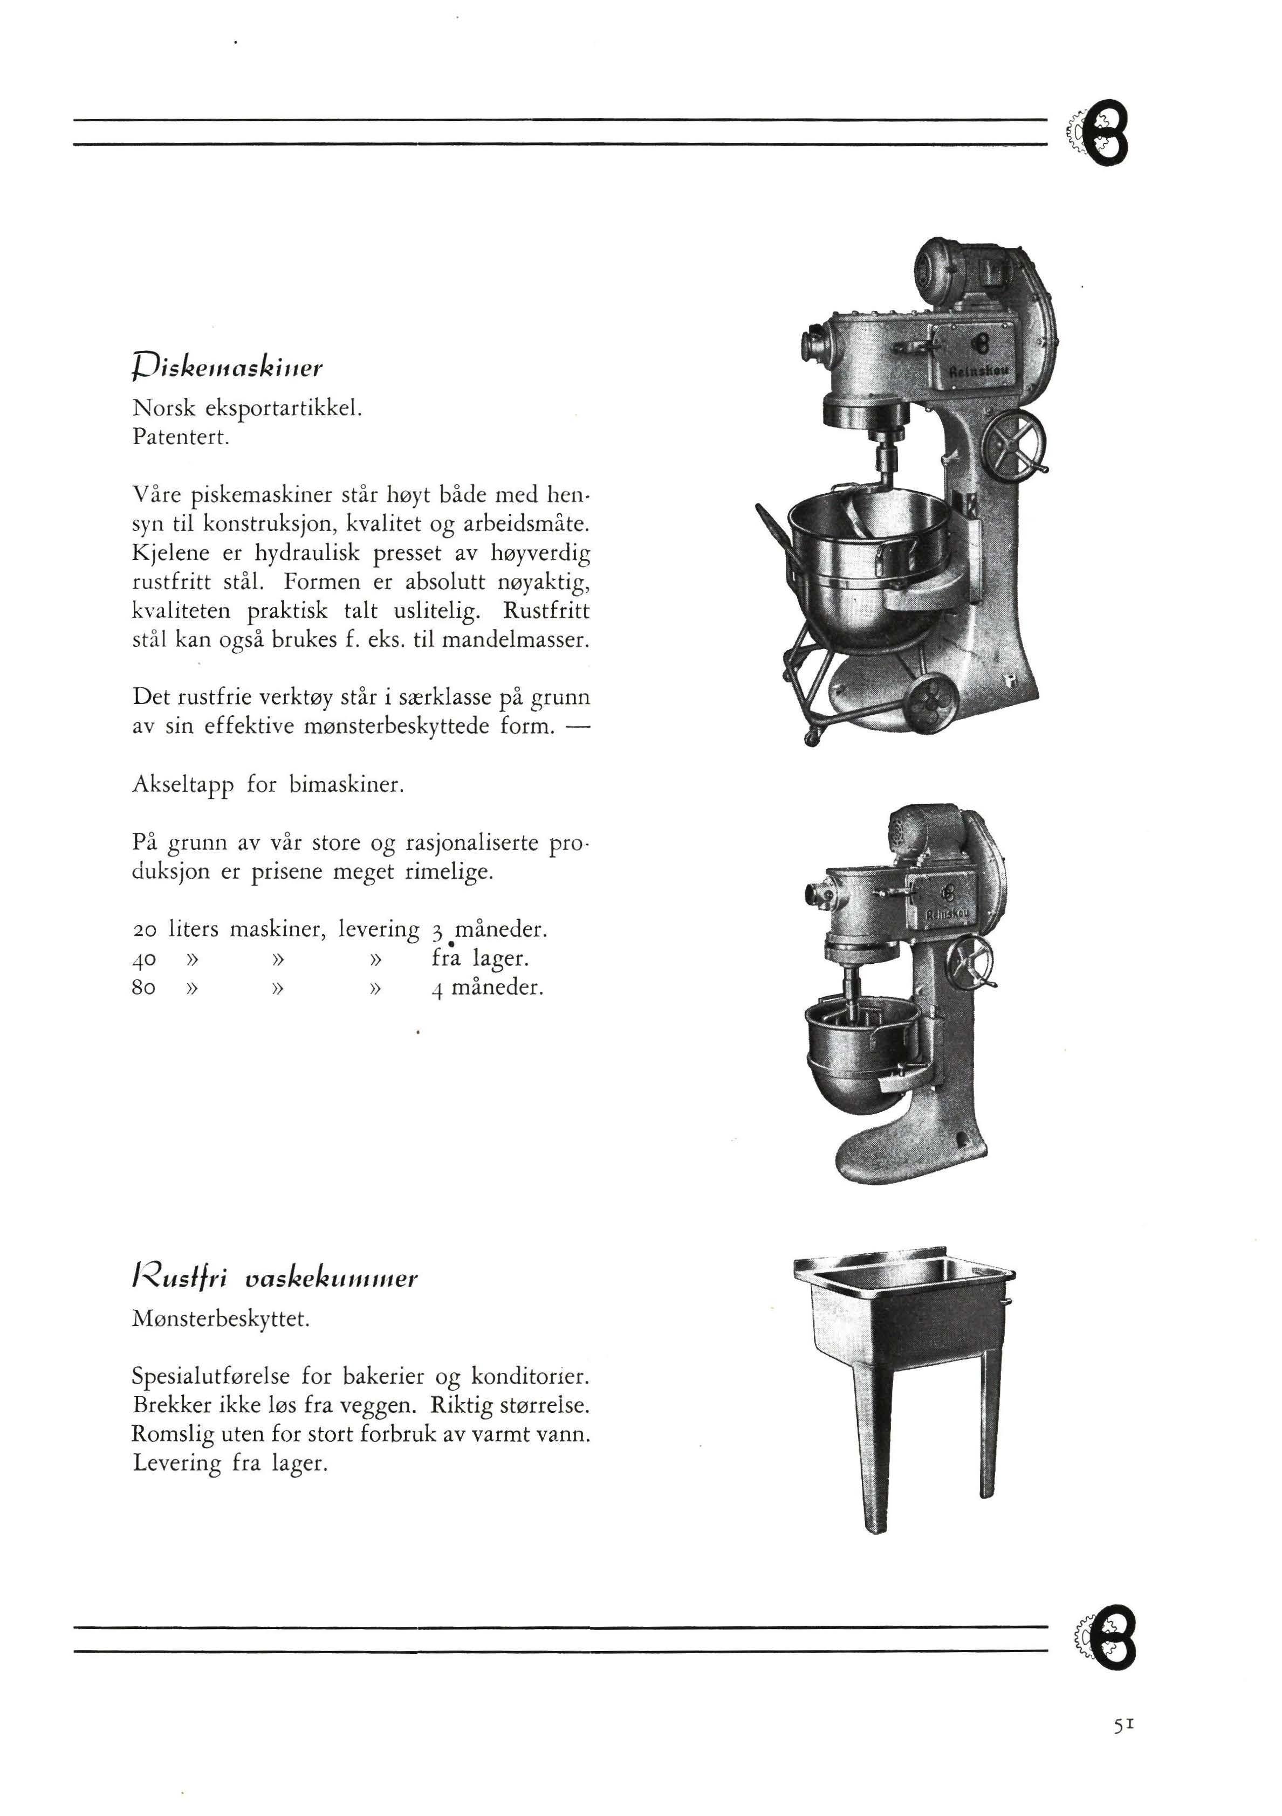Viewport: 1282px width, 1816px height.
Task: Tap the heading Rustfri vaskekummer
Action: [x=274, y=1278]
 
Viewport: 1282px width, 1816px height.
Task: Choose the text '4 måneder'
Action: [x=488, y=989]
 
